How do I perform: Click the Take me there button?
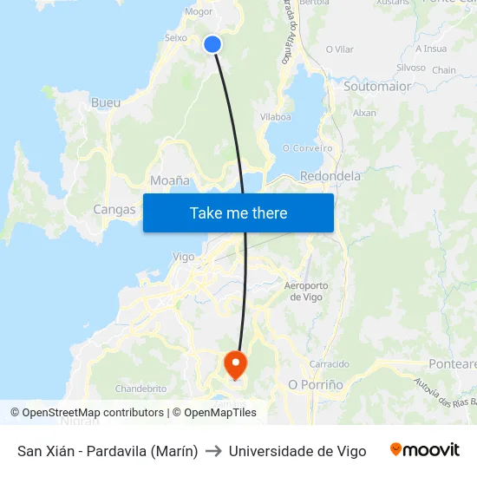[x=238, y=212]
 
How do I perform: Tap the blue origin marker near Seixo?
[x=212, y=44]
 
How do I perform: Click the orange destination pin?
[x=235, y=364]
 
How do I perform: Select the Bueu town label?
[x=106, y=102]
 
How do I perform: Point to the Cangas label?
[x=114, y=209]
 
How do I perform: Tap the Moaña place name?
[x=169, y=181]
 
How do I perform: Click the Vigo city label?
[x=184, y=257]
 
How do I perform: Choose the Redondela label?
[x=330, y=176]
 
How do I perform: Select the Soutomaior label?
[x=377, y=87]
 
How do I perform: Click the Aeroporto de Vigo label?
[x=306, y=291]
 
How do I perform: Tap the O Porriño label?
[x=316, y=384]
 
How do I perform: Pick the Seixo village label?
[x=176, y=38]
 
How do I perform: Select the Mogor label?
[x=199, y=12]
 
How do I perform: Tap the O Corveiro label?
[x=308, y=148]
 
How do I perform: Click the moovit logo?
[x=425, y=450]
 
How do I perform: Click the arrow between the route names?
[x=213, y=451]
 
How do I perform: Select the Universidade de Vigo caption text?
[x=297, y=451]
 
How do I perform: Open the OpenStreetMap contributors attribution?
[x=93, y=413]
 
